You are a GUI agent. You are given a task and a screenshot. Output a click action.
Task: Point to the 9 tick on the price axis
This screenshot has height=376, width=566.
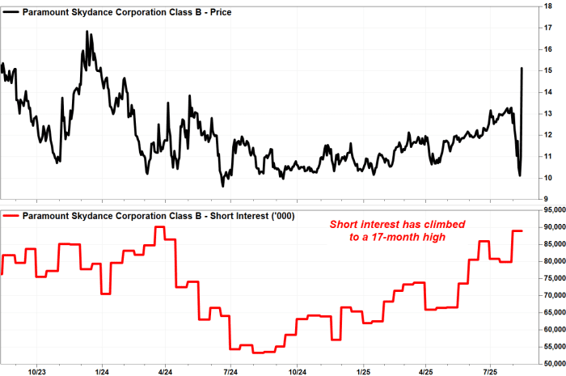(551, 199)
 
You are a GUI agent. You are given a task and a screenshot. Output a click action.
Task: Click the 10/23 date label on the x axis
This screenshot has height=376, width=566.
(36, 372)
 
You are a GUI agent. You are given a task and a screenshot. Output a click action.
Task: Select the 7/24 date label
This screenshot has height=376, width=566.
(229, 372)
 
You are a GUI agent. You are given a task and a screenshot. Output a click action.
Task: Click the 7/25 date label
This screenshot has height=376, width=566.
(491, 372)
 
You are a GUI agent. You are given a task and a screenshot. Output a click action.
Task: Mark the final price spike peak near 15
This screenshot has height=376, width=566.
(522, 68)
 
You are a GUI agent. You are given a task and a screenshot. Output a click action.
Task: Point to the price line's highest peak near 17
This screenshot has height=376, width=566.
(87, 32)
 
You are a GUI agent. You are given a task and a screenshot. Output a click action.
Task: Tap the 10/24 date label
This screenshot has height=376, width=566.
(298, 372)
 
